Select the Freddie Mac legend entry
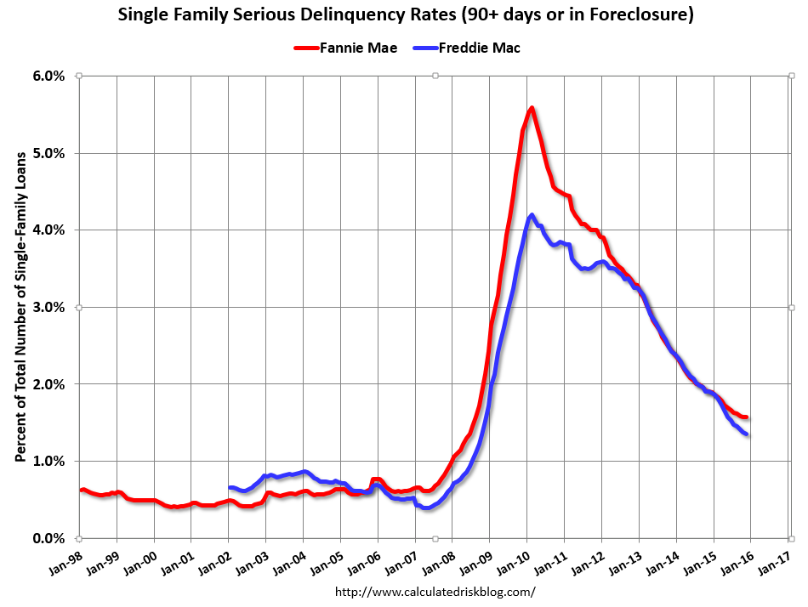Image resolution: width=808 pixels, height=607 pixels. [475, 48]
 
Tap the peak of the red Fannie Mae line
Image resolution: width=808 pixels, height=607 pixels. [531, 108]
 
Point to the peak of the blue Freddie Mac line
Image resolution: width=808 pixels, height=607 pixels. [532, 215]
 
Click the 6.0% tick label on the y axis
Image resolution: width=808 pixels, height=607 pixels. [48, 76]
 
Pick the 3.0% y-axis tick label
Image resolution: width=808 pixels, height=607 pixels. [48, 307]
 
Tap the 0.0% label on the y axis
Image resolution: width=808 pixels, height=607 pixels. [48, 538]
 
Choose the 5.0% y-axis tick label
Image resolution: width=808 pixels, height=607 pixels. [48, 153]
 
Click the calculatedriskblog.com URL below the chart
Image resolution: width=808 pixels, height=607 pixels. [435, 592]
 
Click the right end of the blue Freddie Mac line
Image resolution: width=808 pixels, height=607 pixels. [746, 434]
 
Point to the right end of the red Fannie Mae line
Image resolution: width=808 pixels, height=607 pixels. [746, 417]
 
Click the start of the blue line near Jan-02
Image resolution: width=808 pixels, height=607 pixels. [229, 488]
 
